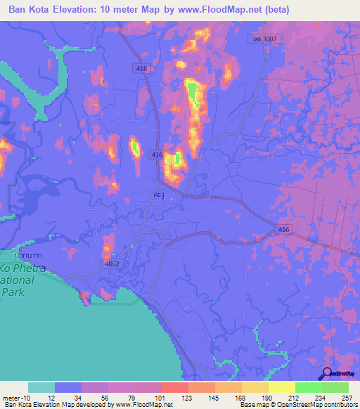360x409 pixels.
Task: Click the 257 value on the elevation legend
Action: point(347,397)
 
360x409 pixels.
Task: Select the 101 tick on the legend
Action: point(161,397)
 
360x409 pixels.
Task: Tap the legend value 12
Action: point(54,397)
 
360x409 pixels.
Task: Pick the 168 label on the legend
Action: point(241,397)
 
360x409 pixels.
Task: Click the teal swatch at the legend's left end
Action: point(41,387)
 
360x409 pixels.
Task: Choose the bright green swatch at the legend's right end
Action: point(335,387)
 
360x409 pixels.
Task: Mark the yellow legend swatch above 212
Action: point(281,387)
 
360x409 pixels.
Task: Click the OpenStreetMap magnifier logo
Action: point(326,374)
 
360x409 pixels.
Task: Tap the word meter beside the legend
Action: point(13,397)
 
